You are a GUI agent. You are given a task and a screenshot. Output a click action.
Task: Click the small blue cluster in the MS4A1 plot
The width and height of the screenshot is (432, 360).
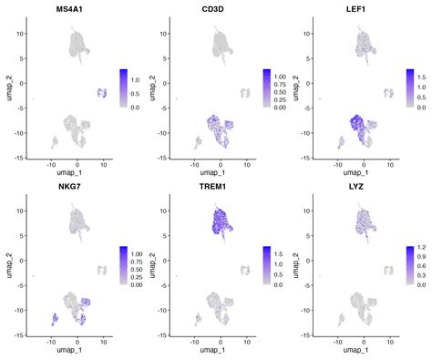tap(102, 93)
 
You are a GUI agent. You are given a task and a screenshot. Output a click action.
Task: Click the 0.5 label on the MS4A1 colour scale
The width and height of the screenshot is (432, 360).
tap(134, 92)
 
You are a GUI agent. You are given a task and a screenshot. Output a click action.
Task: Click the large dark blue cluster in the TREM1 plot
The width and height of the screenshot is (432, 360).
tap(219, 228)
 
